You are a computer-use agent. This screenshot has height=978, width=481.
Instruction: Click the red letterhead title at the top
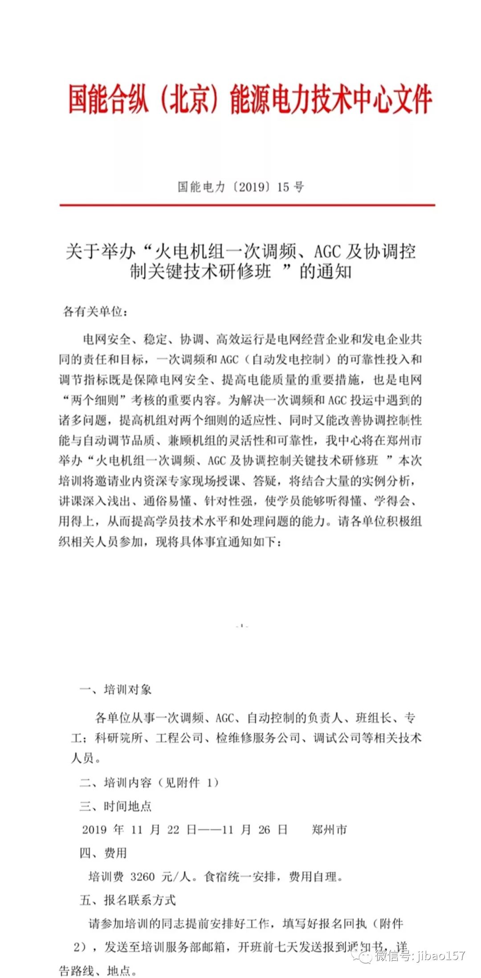(x=250, y=99)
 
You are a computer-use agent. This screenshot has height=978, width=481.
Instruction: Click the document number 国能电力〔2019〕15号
(x=240, y=187)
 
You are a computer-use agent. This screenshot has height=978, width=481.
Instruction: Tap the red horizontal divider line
(x=247, y=205)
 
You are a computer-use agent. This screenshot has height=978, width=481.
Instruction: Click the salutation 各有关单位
(x=95, y=312)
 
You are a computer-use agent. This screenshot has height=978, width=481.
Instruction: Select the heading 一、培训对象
(x=115, y=690)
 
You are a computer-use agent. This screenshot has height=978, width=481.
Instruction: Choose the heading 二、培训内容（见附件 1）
(x=149, y=782)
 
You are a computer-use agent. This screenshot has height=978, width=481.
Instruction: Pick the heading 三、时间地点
(x=115, y=806)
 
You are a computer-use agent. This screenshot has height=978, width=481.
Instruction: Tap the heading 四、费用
(x=103, y=853)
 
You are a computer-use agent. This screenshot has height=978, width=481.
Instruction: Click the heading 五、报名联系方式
(x=128, y=900)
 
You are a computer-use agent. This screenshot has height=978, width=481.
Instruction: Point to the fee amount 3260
(x=143, y=877)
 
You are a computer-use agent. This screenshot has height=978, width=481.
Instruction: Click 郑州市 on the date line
(x=330, y=829)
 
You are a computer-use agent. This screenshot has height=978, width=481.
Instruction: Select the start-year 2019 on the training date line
(x=94, y=829)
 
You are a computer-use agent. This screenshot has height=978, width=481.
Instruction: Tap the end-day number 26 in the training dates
(x=264, y=829)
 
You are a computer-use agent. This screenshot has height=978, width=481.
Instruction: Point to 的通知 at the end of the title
(x=325, y=272)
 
